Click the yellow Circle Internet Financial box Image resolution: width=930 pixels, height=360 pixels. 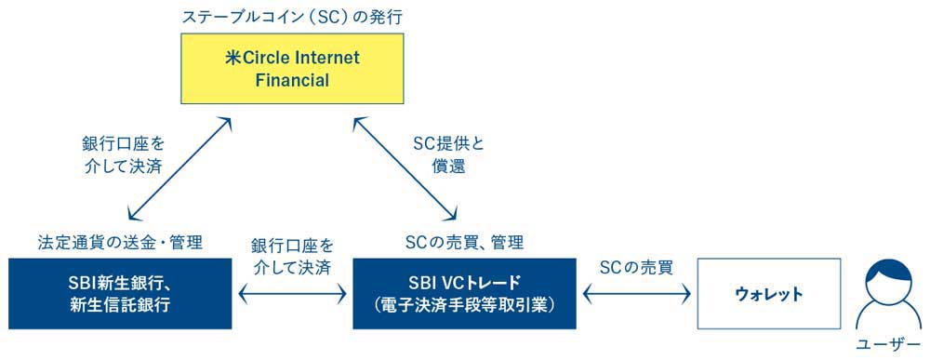pos(292,70)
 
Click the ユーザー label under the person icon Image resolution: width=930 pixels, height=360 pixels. pos(888,345)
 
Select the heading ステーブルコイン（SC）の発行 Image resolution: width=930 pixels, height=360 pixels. pos(292,17)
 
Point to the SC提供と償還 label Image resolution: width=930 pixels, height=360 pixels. pos(449,156)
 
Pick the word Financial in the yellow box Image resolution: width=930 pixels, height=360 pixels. pos(292,81)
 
